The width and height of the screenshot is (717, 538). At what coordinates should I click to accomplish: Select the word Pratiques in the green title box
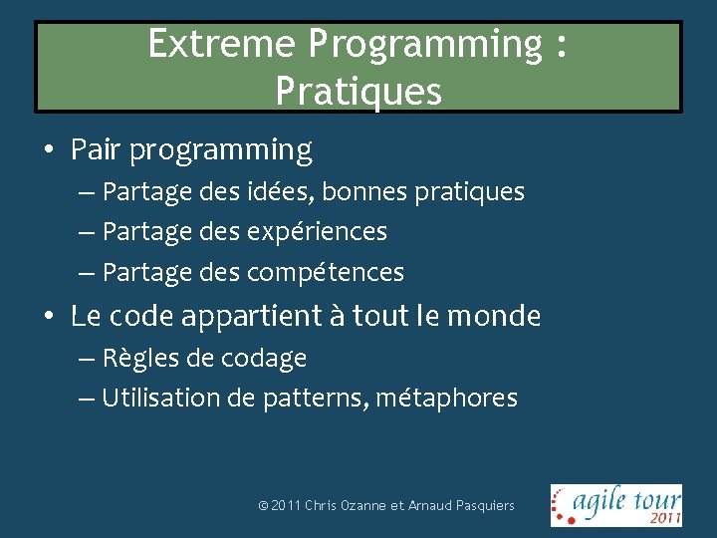point(358,92)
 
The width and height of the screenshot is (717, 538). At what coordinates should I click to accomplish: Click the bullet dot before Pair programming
point(48,151)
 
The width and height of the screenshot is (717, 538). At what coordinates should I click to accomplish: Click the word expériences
point(316,232)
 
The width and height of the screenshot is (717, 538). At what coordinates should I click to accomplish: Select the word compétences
point(325,272)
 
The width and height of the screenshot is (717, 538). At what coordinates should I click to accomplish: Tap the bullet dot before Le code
point(48,318)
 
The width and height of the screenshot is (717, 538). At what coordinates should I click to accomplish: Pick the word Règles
point(135,358)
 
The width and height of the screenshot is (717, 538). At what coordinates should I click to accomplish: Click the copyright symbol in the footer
point(262,506)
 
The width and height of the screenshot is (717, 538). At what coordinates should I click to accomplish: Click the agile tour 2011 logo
point(616,504)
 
